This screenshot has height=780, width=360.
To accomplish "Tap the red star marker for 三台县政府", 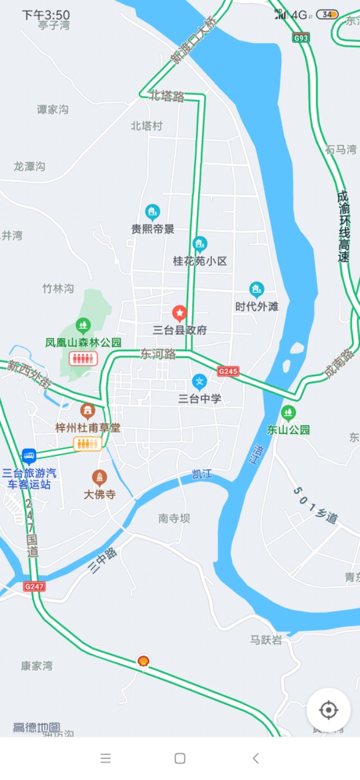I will point(179,312).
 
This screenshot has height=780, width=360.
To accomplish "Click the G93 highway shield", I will point(301,38).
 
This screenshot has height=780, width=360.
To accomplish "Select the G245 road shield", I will point(229,371).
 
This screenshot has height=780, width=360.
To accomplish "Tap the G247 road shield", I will point(34,586).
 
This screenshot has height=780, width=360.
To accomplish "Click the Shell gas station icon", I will point(143,661).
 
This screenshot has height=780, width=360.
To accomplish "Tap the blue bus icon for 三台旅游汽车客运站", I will point(29,455).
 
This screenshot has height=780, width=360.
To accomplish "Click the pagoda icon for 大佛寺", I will point(100,478).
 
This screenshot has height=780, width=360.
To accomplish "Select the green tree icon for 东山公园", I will point(289,413).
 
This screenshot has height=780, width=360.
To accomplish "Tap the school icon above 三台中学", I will point(199,382).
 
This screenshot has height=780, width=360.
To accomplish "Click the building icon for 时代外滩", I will point(257,290).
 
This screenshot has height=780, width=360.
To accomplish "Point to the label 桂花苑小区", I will point(200,261).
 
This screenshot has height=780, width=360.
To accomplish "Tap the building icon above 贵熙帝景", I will point(152,212).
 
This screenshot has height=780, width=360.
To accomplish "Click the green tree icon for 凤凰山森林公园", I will point(83,325).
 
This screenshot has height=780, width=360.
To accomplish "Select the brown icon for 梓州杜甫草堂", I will point(87,411).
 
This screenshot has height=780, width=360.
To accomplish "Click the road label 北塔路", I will point(167,96).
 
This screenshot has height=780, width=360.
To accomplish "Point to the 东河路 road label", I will point(158,354).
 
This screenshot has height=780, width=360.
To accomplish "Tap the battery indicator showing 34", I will point(327,15).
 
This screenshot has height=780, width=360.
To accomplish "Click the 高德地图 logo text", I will point(37,727).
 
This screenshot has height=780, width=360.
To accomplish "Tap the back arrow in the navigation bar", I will point(255,758).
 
